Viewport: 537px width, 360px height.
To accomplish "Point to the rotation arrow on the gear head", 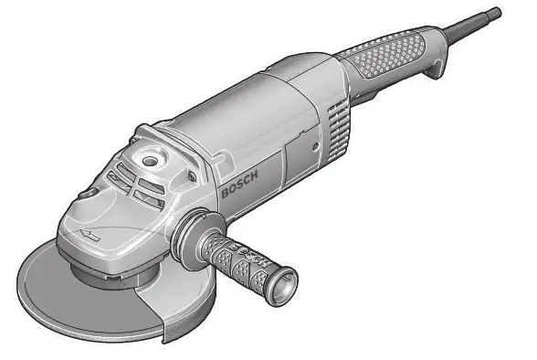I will click(89, 235).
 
